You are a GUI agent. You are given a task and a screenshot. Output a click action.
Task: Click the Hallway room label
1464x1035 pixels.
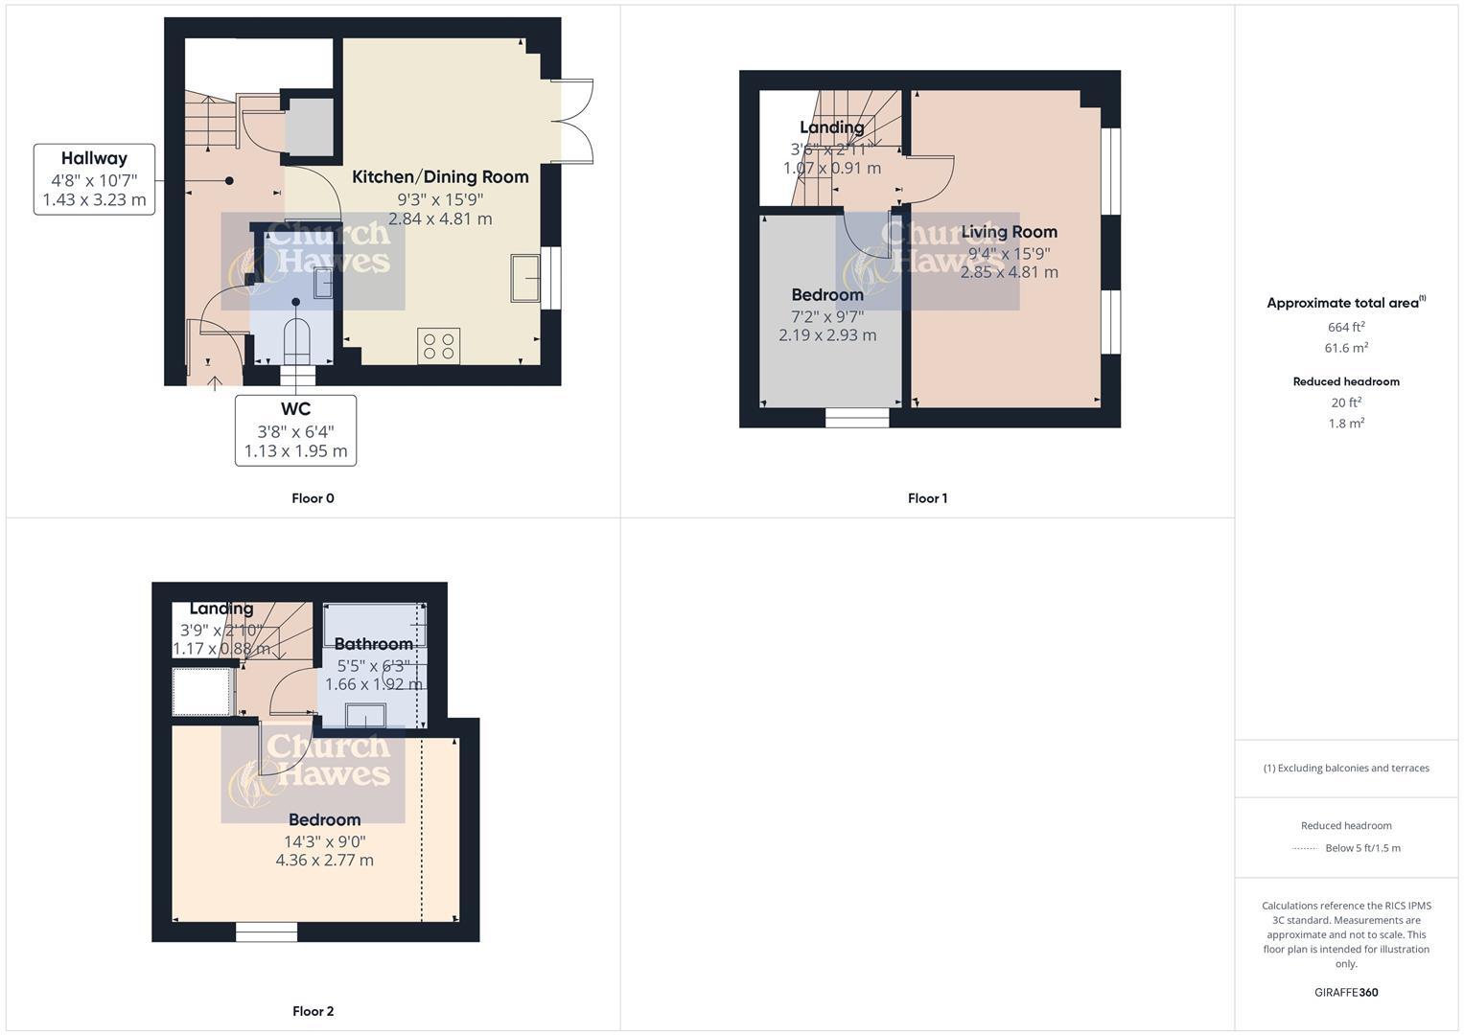tap(94, 159)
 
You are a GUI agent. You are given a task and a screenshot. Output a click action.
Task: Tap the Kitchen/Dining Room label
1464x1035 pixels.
tap(440, 177)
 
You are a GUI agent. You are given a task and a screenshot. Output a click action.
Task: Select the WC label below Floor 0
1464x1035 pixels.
tap(295, 410)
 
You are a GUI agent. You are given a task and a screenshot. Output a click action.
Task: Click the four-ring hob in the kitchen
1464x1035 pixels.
tap(439, 346)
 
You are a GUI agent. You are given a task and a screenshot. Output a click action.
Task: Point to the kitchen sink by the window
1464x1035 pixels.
tap(525, 278)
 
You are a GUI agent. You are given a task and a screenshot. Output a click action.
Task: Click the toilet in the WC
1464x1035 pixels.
tap(296, 339)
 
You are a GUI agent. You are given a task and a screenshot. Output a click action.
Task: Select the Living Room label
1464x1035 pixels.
tap(1009, 232)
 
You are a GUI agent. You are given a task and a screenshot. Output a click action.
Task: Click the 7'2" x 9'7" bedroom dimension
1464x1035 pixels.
tap(826, 315)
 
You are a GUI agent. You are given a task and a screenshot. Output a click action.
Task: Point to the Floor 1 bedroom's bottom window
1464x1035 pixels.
tap(857, 418)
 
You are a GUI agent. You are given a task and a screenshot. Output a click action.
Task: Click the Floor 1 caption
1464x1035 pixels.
tap(927, 498)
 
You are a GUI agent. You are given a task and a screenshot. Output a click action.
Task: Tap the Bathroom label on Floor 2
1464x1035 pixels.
tap(373, 644)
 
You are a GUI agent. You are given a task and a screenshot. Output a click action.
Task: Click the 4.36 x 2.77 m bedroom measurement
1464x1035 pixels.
tap(324, 861)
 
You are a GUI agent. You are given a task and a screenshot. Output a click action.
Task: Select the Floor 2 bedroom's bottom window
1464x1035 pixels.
tap(267, 931)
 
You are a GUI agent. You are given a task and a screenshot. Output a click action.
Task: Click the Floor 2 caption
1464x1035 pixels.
tap(313, 1011)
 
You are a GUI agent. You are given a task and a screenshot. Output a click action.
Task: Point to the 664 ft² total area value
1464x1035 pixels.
tap(1346, 327)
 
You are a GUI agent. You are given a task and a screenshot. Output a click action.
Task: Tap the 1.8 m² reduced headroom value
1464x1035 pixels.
tap(1346, 423)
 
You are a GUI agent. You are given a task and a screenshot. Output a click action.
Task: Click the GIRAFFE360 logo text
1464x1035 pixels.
tap(1346, 993)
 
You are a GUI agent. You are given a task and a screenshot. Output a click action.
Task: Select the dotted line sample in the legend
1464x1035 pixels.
tap(1305, 848)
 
